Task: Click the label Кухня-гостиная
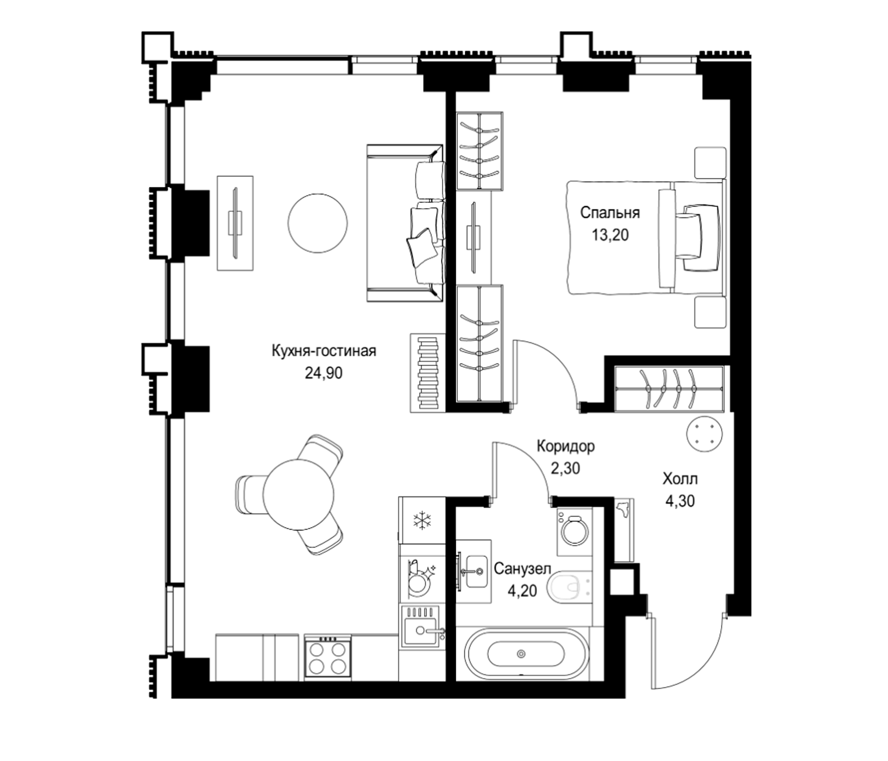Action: click(x=323, y=351)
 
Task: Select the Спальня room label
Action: click(x=610, y=213)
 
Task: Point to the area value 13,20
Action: click(x=610, y=235)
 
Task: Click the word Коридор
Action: click(x=566, y=446)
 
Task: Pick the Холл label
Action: click(x=680, y=479)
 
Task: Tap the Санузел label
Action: click(x=522, y=569)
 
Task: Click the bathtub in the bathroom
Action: click(x=521, y=654)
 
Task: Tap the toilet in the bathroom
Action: click(x=569, y=587)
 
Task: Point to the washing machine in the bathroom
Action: click(x=574, y=532)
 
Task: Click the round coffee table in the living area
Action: click(x=318, y=223)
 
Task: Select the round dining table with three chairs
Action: click(x=298, y=495)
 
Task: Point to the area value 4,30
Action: click(x=680, y=501)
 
